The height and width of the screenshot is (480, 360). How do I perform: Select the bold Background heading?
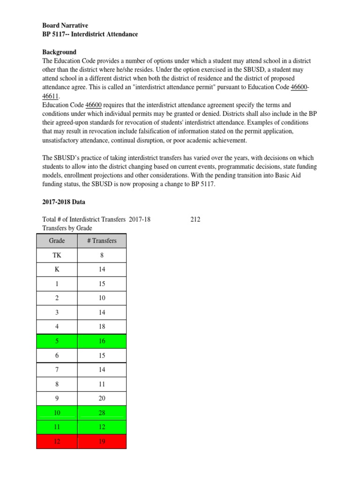(59, 52)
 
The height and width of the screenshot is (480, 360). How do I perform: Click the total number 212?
(195, 219)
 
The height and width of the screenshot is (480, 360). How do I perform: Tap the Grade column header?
(57, 241)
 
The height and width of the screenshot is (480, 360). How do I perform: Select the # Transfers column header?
(102, 241)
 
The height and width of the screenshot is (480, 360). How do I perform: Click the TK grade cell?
(57, 255)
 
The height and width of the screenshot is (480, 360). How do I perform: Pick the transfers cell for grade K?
(102, 270)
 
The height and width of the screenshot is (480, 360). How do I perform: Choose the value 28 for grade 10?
(102, 412)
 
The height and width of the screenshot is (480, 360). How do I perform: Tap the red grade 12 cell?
(57, 441)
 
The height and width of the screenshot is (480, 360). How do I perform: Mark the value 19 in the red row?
(102, 441)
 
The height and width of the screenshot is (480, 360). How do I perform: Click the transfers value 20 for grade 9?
(102, 398)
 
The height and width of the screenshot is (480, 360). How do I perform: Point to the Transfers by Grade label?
(67, 228)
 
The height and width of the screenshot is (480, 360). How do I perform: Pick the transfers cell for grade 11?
(102, 427)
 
